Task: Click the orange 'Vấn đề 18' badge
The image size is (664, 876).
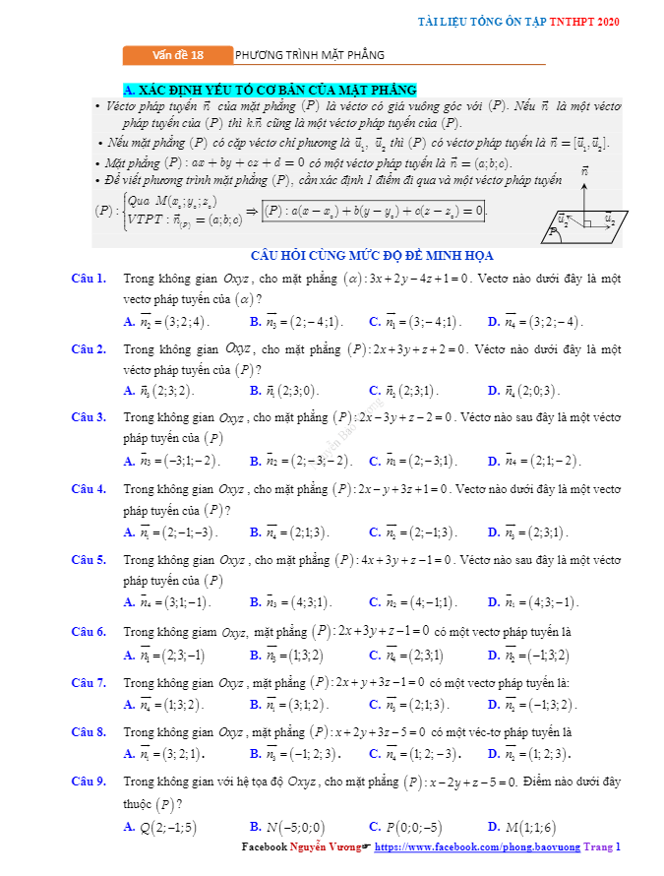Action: coord(178,55)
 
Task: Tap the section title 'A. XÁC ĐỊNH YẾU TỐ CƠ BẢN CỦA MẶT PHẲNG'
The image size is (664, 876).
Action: coord(270,90)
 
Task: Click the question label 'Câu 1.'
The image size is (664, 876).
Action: coord(90,279)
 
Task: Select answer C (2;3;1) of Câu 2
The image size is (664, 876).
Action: coord(403,391)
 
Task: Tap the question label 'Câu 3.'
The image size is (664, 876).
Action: coord(90,417)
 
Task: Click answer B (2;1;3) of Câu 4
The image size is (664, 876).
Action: coord(290,532)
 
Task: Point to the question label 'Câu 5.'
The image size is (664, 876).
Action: coord(90,560)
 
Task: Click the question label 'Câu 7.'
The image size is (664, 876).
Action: coord(90,682)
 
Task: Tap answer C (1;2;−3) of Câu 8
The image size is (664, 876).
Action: coord(409,754)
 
